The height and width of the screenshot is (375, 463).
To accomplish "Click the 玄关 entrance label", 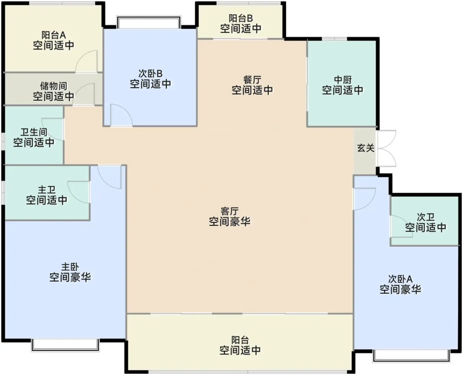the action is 366,148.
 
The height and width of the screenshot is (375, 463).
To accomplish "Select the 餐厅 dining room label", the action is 252,80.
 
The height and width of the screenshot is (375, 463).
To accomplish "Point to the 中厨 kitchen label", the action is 343,80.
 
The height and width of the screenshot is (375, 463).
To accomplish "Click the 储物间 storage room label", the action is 54,86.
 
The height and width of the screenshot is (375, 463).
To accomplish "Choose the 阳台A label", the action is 54,35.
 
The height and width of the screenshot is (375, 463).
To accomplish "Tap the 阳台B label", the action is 241,19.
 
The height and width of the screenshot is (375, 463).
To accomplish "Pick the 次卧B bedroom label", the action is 150,74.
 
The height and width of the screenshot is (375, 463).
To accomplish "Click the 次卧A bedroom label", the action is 400,279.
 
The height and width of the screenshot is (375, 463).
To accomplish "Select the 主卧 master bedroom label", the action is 70,267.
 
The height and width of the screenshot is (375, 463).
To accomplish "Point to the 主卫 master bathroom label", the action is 47,190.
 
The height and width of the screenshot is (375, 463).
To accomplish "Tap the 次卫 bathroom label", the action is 426,217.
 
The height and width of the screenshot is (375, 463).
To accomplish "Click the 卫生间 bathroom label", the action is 34,132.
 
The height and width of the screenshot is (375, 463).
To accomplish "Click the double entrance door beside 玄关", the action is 387,149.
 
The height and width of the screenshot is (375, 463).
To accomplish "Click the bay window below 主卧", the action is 65,345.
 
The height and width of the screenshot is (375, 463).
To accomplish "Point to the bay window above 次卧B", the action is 149,22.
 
